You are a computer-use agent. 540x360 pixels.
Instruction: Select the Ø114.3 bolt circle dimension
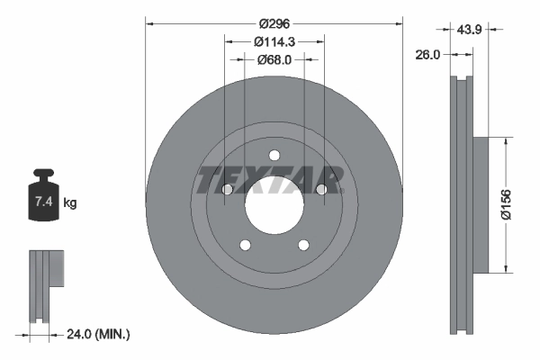pos(274,41)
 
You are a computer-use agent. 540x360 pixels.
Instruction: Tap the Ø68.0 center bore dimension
pos(274,60)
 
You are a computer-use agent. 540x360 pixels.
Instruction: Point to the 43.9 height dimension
pos(471,30)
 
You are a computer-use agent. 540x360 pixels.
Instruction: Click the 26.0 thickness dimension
pos(427,55)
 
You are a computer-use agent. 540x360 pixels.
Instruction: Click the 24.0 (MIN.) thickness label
pos(100,335)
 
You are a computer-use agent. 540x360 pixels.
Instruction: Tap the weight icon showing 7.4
pos(44,193)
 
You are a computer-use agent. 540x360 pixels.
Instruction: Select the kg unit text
pos(70,203)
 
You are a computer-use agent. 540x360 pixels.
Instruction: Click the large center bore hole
pos(274,210)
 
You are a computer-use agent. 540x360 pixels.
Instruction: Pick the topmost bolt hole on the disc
pos(274,154)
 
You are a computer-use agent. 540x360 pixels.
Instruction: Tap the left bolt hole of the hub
pos(227,190)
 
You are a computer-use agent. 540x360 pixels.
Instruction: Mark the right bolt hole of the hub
pos(321,189)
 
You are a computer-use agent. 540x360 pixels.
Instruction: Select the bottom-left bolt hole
pos(244,244)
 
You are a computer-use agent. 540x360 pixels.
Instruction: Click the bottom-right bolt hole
pos(303,244)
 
